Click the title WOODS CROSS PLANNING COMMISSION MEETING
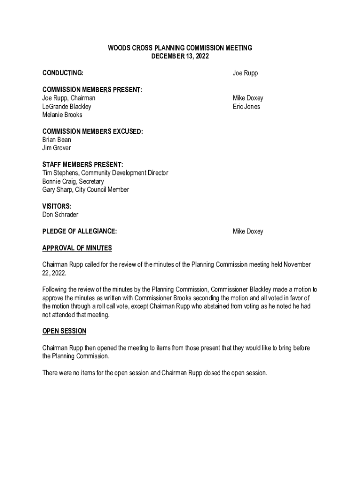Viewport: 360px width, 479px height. coord(180,48)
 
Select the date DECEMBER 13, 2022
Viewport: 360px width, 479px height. coord(180,57)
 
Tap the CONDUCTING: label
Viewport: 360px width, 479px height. coord(63,73)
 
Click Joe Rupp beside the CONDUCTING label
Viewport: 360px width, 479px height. coord(245,73)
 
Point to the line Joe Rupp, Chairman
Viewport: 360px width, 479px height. coord(69,98)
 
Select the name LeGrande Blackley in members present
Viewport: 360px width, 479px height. coord(67,107)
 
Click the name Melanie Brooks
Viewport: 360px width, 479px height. coord(62,115)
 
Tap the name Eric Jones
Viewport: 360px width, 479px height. coord(246,107)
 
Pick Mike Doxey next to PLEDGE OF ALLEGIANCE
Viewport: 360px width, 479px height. coord(248,232)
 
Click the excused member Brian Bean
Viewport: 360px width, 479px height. coord(57,140)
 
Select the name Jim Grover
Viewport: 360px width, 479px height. coord(57,148)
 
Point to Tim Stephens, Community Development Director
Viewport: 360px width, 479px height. coord(105,173)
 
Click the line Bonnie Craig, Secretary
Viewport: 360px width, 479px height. coord(73,181)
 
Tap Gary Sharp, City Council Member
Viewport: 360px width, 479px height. coord(86,190)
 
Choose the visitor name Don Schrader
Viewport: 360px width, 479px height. coord(60,215)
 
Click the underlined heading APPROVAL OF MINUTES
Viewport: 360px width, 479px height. coord(77,248)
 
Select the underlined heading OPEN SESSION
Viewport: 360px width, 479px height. coord(65,331)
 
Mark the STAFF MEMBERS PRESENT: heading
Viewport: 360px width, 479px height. coord(83,165)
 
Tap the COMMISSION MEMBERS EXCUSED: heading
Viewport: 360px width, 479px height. coord(93,131)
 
